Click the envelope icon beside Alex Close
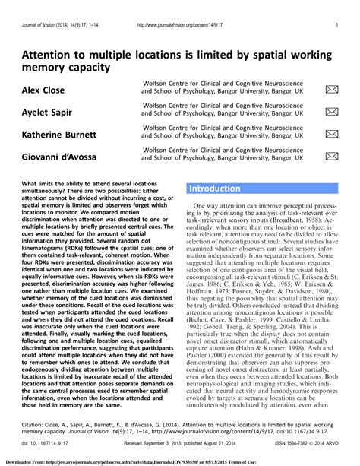[331, 90]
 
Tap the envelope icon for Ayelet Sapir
[331, 112]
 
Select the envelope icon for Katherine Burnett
[331, 134]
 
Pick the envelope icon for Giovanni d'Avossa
[331, 156]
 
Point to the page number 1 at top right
[336, 26]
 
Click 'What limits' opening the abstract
[41, 184]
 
